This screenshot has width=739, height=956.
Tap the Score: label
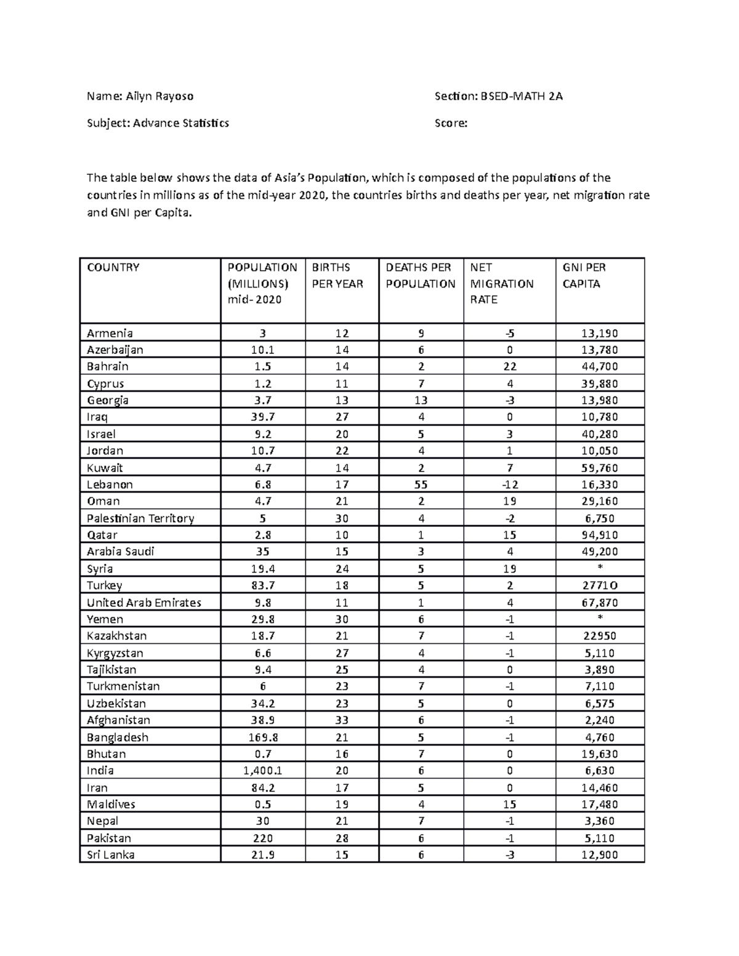[x=451, y=123]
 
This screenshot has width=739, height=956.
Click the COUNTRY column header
[x=113, y=267]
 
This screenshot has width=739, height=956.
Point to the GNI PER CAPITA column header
[x=584, y=275]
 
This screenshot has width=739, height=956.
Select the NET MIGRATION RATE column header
[x=501, y=283]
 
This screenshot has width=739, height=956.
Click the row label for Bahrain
[x=108, y=366]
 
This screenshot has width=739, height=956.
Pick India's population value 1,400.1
[x=263, y=771]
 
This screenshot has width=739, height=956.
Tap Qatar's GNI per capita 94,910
[x=600, y=535]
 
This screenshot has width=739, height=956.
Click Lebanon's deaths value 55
[x=421, y=484]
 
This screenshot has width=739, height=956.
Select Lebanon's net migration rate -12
[x=509, y=484]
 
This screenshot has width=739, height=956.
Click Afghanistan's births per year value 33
[x=342, y=720]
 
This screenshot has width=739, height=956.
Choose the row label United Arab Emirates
[x=144, y=603]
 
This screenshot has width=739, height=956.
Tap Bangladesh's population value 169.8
[x=263, y=737]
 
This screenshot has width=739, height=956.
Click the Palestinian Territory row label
[x=140, y=518]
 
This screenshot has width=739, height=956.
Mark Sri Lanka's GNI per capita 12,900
[x=600, y=854]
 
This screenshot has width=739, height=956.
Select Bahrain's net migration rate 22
[x=509, y=366]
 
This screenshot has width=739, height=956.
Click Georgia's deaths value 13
[x=421, y=400]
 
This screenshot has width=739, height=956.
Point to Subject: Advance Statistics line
[x=158, y=123]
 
